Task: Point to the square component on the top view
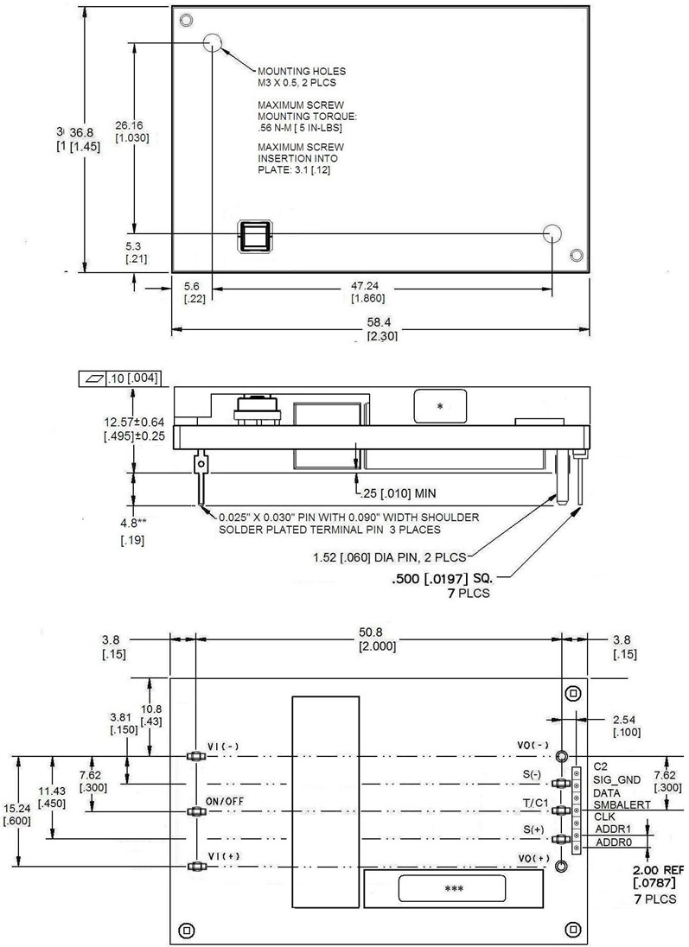[x=256, y=235]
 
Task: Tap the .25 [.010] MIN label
[x=399, y=493]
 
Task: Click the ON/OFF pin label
[x=224, y=801]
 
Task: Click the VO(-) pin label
[x=533, y=746]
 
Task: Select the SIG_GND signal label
[x=616, y=779]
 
